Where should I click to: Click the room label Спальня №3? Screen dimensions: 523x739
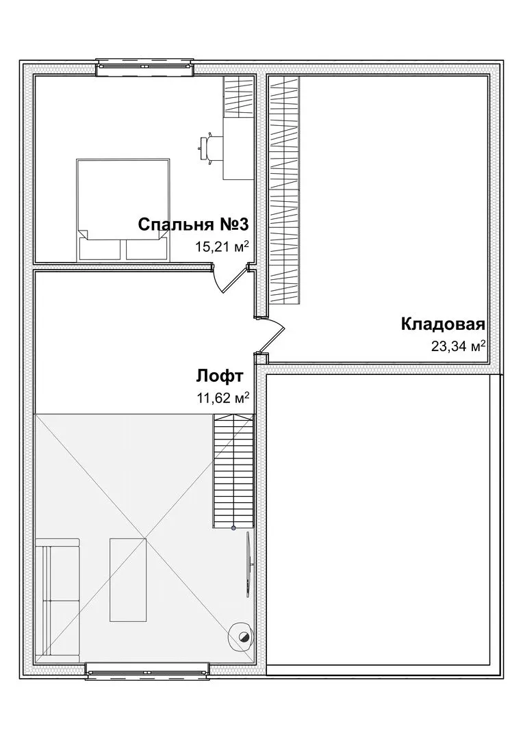[193, 225]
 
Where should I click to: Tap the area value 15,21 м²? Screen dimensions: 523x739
[222, 246]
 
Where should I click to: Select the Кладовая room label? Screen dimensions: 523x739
[444, 324]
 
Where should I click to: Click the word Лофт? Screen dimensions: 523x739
[220, 376]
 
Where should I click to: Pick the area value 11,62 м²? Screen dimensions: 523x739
[222, 398]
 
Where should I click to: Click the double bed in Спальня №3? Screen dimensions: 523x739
[123, 209]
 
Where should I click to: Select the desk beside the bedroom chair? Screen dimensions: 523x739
[239, 148]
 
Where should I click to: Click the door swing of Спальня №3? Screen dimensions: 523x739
[227, 281]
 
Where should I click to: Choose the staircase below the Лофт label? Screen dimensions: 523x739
[233, 471]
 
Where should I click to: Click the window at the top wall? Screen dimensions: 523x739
[144, 67]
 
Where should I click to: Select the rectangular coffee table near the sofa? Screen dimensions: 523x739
[128, 580]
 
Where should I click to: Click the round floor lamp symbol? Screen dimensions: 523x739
[242, 637]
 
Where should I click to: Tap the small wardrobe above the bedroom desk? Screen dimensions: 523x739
[239, 97]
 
